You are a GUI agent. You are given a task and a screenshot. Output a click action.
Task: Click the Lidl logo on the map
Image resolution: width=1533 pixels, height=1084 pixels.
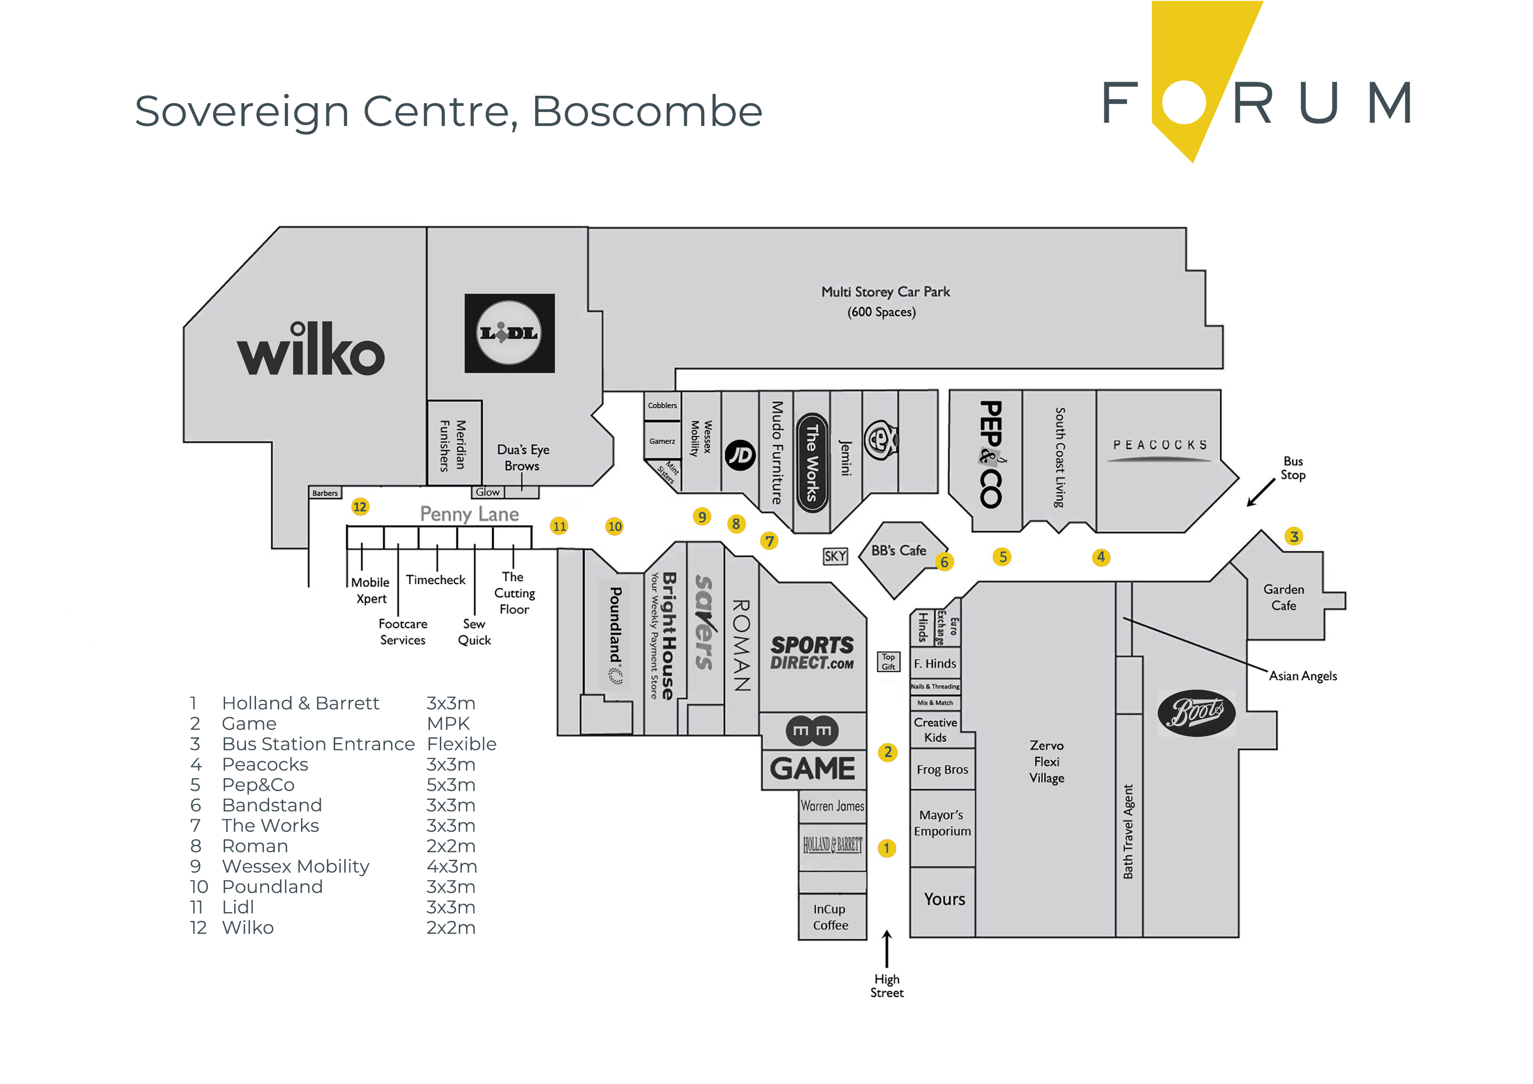509,333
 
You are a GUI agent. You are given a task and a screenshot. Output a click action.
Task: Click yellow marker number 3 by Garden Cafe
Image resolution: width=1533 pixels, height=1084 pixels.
1294,536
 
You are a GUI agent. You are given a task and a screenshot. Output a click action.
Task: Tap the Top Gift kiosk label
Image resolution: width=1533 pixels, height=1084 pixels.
888,661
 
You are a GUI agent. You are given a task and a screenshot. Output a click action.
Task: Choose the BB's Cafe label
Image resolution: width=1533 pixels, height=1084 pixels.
899,550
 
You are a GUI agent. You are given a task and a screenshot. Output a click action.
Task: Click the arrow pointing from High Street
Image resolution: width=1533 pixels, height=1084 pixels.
887,948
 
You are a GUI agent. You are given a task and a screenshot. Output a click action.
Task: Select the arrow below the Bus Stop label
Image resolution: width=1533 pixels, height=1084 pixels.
1260,493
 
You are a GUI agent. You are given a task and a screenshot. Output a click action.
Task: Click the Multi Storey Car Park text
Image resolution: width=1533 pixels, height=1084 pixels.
886,292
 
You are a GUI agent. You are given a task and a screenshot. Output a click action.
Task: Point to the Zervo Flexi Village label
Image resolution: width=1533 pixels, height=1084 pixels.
1046,761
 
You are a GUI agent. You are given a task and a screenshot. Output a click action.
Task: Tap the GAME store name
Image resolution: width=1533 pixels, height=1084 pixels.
813,769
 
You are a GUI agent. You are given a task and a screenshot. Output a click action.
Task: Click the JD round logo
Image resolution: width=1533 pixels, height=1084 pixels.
740,455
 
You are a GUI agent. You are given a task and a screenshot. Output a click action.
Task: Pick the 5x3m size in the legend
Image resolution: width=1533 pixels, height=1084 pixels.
451,785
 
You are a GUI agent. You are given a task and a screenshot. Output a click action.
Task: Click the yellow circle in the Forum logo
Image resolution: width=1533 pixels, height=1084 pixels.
1184,102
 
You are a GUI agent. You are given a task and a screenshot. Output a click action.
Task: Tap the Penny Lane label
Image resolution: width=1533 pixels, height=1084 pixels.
469,514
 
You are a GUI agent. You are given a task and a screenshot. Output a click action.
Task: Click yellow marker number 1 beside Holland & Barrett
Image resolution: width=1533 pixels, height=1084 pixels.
887,848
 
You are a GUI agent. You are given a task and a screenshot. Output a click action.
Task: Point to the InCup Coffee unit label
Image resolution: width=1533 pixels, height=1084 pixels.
831,917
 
